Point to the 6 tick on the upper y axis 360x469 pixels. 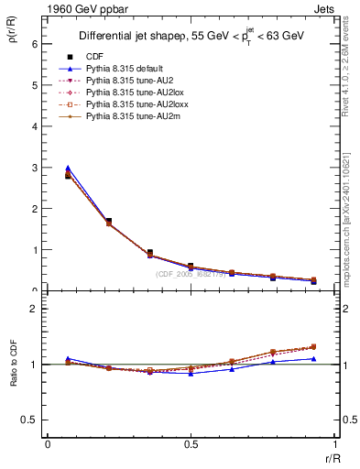tap(34, 44)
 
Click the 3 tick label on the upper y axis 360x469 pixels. tap(34, 168)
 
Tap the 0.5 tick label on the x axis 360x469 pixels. tap(191, 445)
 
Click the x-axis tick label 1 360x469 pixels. tap(334, 445)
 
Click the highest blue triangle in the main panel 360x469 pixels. tap(68, 169)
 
